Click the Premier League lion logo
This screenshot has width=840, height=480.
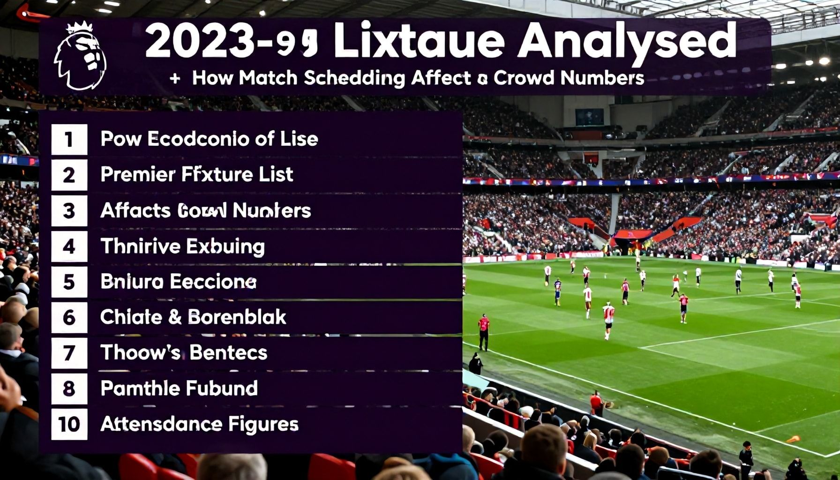80,56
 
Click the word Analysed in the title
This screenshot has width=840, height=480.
626,40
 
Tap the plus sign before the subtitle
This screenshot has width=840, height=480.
175,78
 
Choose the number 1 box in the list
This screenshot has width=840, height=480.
69,139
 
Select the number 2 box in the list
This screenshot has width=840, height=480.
69,175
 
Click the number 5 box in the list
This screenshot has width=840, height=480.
69,282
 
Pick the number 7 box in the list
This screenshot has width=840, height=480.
69,353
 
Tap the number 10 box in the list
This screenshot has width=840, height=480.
69,424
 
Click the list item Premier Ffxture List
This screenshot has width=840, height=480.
197,174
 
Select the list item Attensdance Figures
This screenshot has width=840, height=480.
199,424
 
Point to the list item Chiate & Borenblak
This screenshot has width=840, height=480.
193,317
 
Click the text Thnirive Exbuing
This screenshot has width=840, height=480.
183,246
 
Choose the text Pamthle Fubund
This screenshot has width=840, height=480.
179,388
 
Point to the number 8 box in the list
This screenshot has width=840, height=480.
69,389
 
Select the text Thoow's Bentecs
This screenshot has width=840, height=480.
184,353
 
